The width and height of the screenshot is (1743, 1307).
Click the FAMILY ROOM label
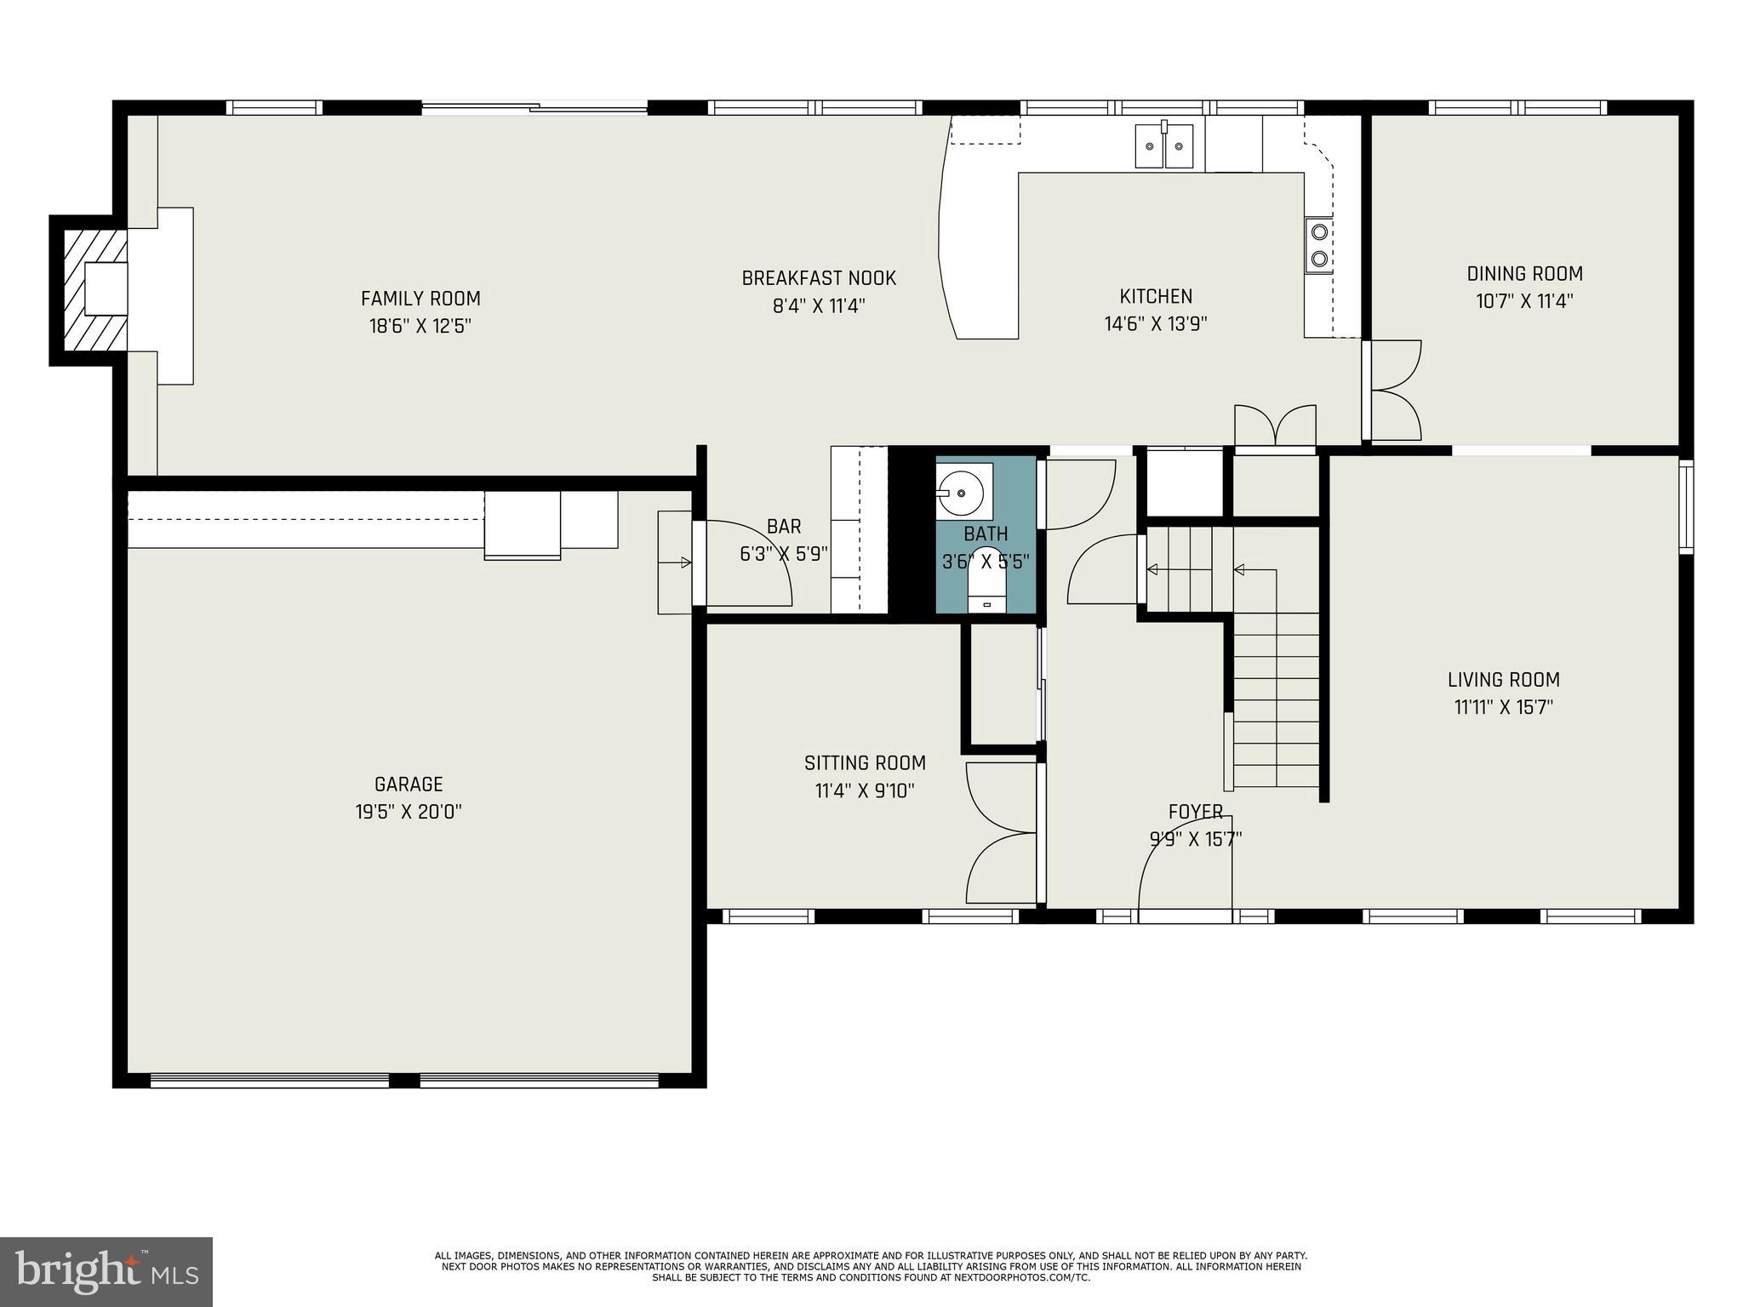click(420, 299)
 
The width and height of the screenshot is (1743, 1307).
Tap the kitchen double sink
click(1164, 146)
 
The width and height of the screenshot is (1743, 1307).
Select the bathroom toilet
click(987, 587)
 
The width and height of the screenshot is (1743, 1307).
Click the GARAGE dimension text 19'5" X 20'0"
click(409, 812)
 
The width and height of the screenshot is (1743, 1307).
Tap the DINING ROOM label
click(1524, 274)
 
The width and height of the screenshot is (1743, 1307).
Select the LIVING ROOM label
click(1503, 680)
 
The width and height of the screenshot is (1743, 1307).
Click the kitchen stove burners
click(1319, 245)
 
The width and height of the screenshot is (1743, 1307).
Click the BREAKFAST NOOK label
click(818, 278)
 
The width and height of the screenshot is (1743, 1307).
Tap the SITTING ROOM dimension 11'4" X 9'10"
click(865, 791)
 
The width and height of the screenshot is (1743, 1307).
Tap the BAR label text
click(783, 527)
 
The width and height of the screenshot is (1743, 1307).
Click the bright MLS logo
click(106, 1271)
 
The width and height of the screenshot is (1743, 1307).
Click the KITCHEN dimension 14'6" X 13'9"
click(1155, 324)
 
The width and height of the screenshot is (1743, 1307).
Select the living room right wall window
click(1685, 507)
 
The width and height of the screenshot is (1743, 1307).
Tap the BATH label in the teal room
click(986, 534)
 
